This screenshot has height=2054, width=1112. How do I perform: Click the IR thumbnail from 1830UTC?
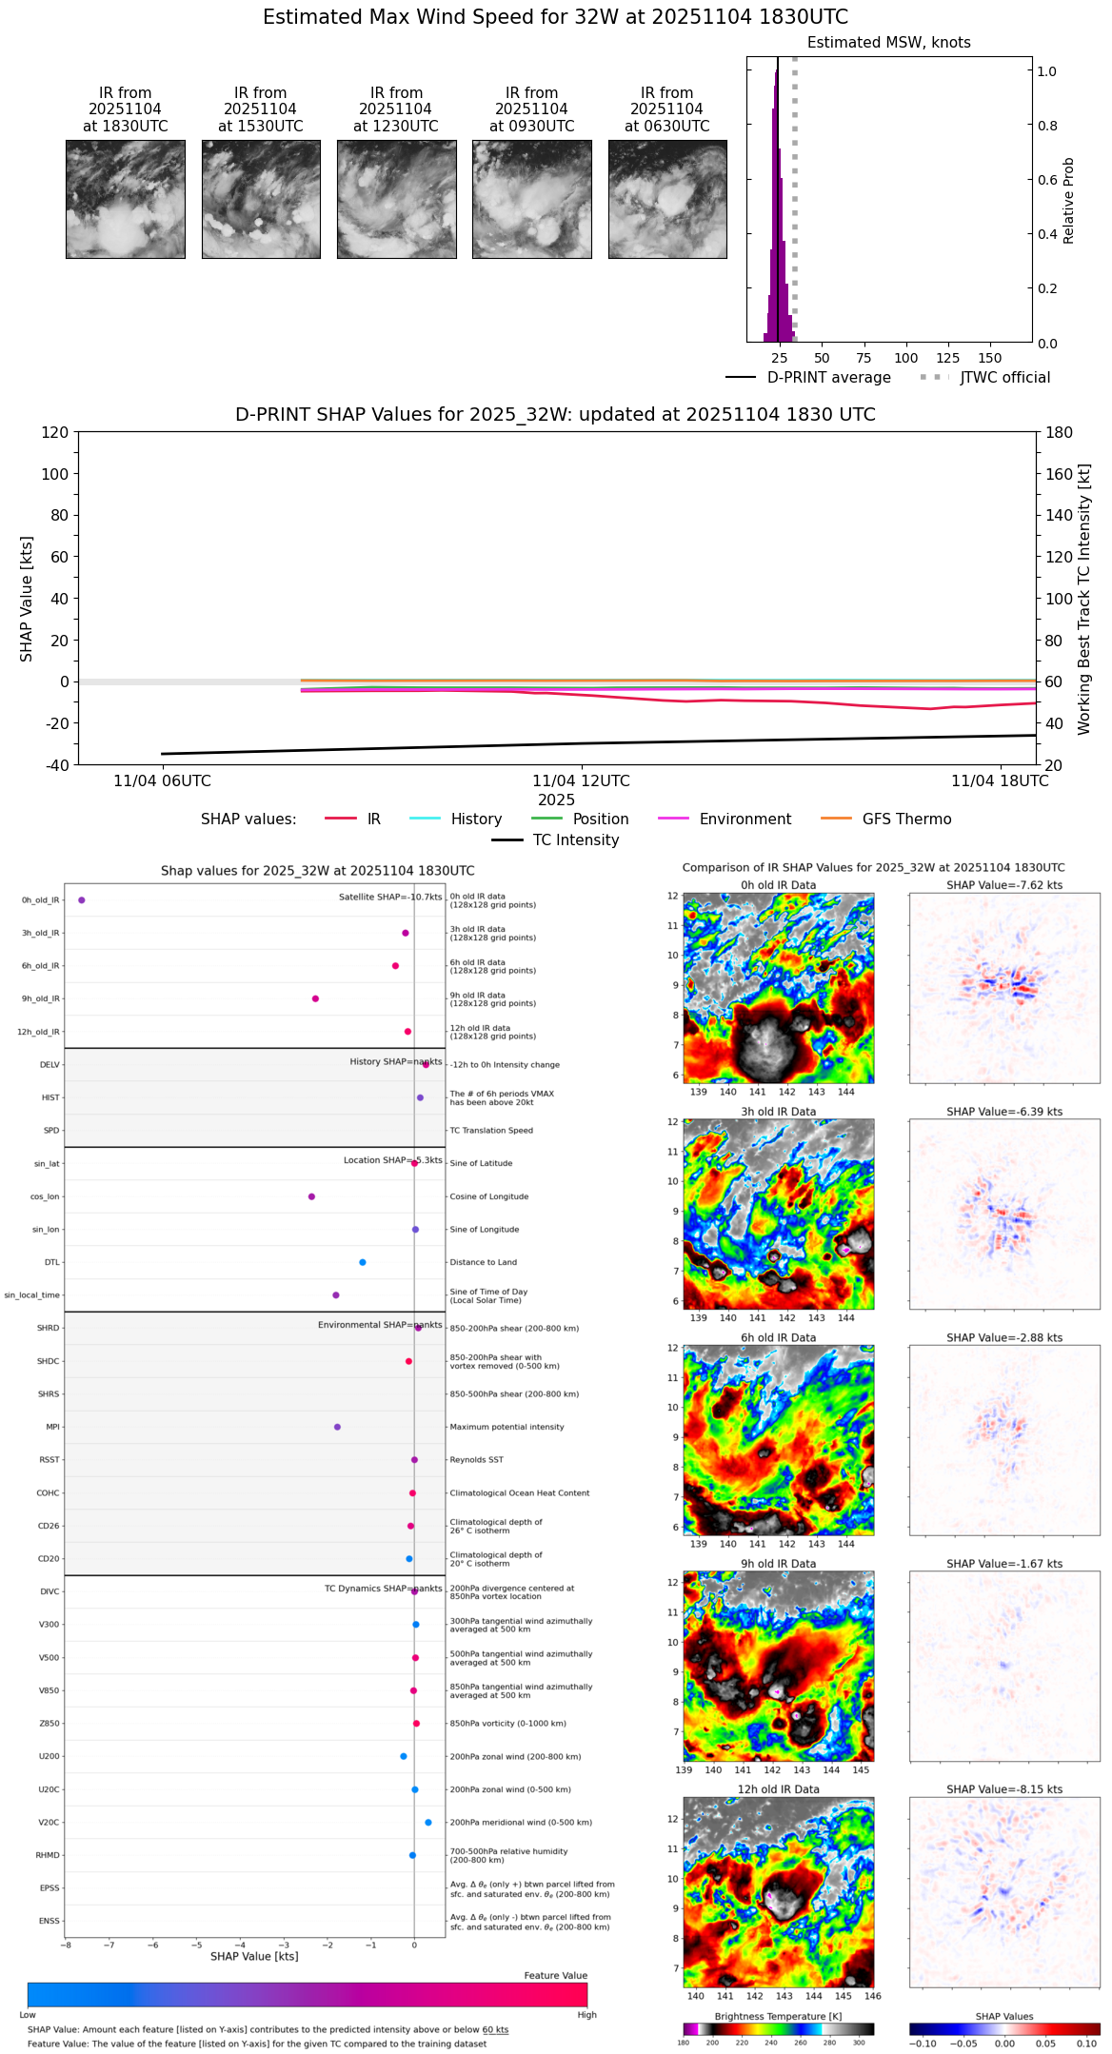(x=125, y=199)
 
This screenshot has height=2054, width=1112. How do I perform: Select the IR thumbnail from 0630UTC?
(x=667, y=199)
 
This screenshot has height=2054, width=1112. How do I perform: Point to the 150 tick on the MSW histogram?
(x=990, y=358)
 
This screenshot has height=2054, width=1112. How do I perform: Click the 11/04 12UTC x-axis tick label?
(x=581, y=781)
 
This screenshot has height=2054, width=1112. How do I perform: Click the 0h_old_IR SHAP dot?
(x=82, y=899)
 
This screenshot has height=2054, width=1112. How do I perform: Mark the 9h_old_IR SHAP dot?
(x=315, y=998)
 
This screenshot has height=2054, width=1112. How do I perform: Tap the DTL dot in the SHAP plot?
(x=363, y=1262)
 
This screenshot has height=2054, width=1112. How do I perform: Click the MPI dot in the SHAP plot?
(x=337, y=1427)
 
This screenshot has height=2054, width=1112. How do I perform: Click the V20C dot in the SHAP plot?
(x=428, y=1823)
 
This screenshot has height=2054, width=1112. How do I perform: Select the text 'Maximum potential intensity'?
(x=506, y=1427)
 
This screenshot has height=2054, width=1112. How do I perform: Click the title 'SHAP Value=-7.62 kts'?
(x=1004, y=885)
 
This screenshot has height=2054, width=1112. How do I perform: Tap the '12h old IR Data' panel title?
(x=778, y=1789)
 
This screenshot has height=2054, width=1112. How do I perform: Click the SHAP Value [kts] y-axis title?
(x=27, y=599)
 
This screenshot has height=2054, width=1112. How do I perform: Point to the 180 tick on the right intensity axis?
(x=1060, y=433)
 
